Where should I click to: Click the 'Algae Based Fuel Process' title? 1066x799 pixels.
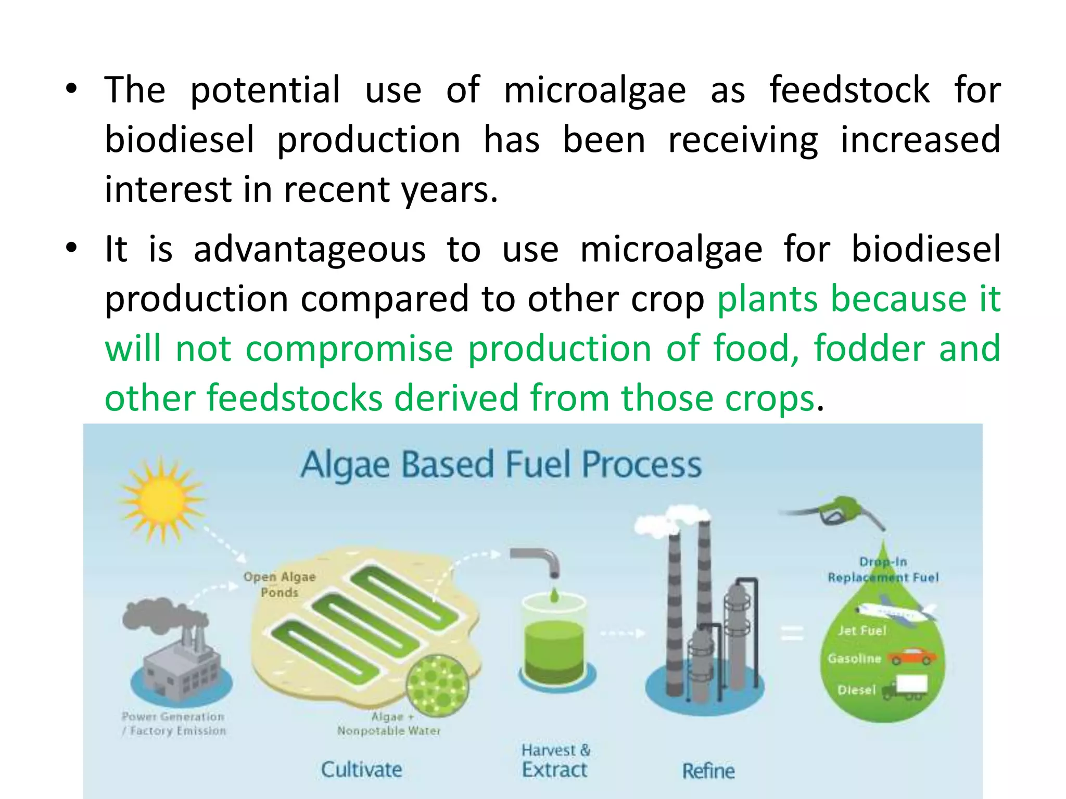tap(501, 465)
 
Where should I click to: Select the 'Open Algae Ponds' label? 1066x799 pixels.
tap(280, 584)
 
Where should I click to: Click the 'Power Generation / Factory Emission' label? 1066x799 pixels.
tap(174, 724)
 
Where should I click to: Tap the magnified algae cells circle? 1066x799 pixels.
tap(437, 685)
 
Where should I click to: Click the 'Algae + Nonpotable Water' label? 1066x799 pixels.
tap(389, 724)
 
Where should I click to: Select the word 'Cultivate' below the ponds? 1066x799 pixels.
tap(361, 769)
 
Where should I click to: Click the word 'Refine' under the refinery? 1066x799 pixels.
tap(708, 771)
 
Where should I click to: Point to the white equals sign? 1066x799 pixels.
tap(792, 633)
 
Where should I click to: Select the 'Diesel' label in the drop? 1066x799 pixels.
tap(857, 690)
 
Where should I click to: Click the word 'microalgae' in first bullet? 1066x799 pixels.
tap(595, 90)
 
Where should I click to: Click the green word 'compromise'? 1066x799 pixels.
tap(349, 348)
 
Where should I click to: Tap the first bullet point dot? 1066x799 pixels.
tap(72, 89)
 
